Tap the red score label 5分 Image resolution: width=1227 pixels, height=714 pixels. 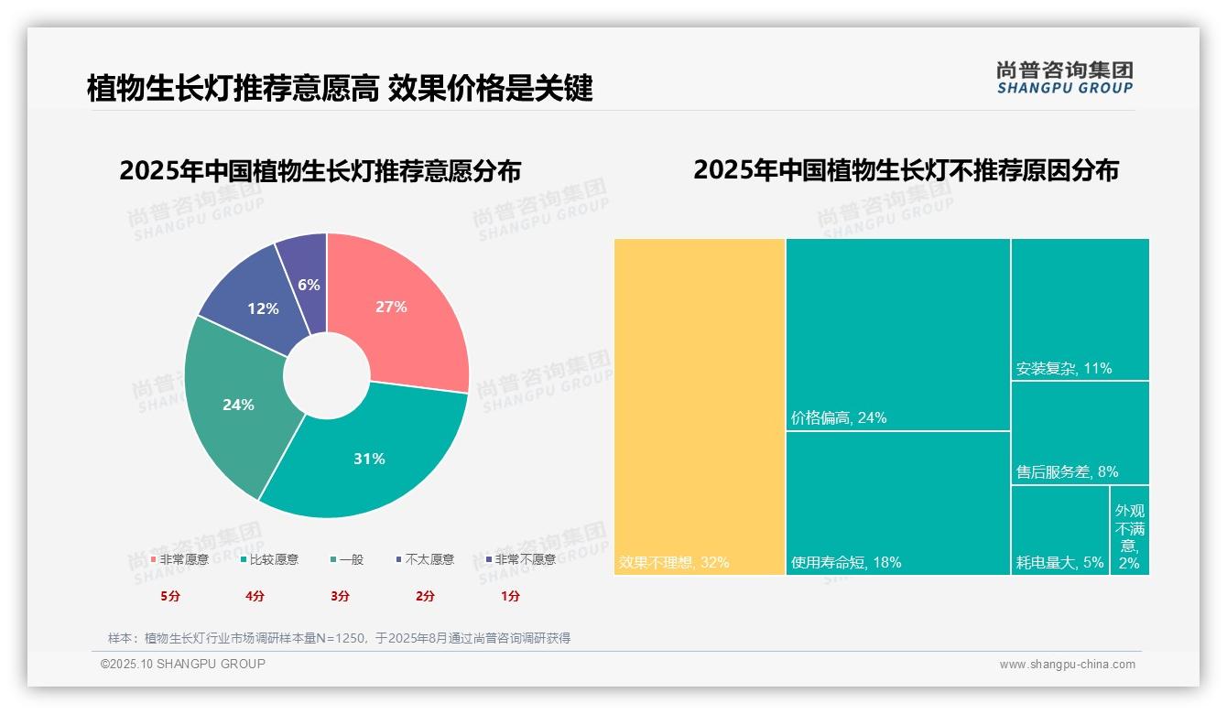pos(170,596)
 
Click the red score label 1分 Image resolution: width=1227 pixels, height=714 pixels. pos(510,596)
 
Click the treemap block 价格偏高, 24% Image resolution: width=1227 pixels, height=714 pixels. pos(897,334)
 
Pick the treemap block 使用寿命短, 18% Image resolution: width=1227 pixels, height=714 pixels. pos(897,503)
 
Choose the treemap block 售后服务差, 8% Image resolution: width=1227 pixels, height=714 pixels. pos(1080,432)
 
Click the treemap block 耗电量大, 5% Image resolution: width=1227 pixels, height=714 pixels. pos(1059,530)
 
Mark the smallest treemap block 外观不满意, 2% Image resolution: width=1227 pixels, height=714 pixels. pos(1130,535)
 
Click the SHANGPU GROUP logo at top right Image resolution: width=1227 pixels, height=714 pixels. pos(1064,77)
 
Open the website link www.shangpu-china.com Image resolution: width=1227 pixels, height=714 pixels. pos(1067,665)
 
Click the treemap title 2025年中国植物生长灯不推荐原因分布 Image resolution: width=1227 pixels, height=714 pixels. pos(906,170)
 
